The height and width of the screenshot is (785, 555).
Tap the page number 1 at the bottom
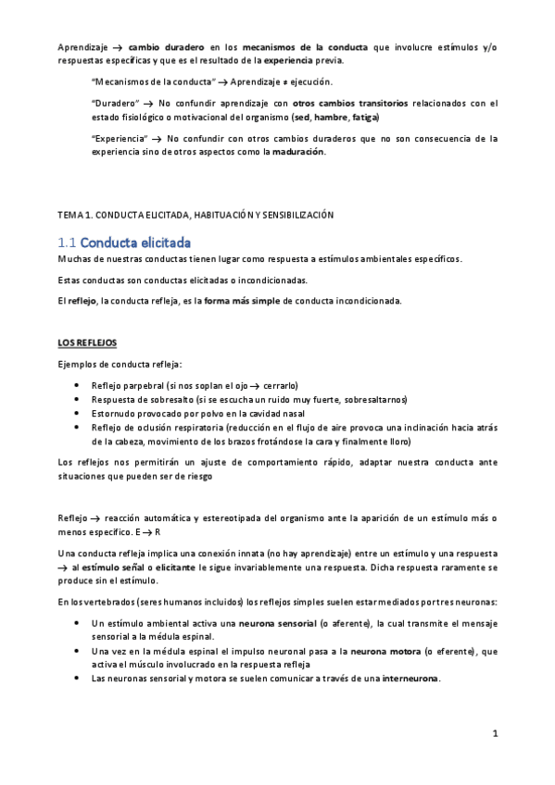click(x=496, y=734)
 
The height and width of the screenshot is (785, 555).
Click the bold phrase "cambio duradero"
click(x=164, y=46)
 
